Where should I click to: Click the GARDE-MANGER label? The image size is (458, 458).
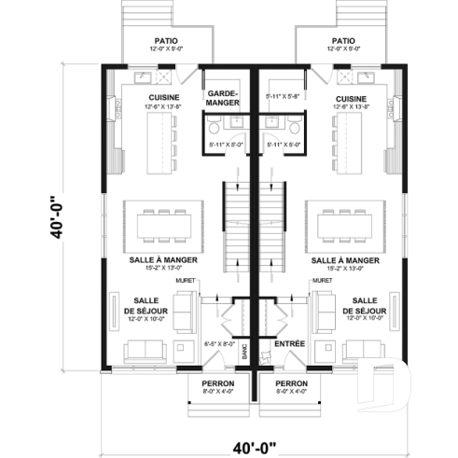click(223, 99)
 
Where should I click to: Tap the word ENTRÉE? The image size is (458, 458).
click(290, 344)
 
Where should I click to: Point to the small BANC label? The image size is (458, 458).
click(244, 350)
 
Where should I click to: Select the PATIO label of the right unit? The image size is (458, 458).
click(342, 41)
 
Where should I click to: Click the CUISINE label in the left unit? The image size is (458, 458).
click(163, 97)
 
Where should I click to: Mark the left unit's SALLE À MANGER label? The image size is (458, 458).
click(157, 260)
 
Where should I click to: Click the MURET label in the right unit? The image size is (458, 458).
click(324, 279)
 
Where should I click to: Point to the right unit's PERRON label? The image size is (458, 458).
click(291, 383)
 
